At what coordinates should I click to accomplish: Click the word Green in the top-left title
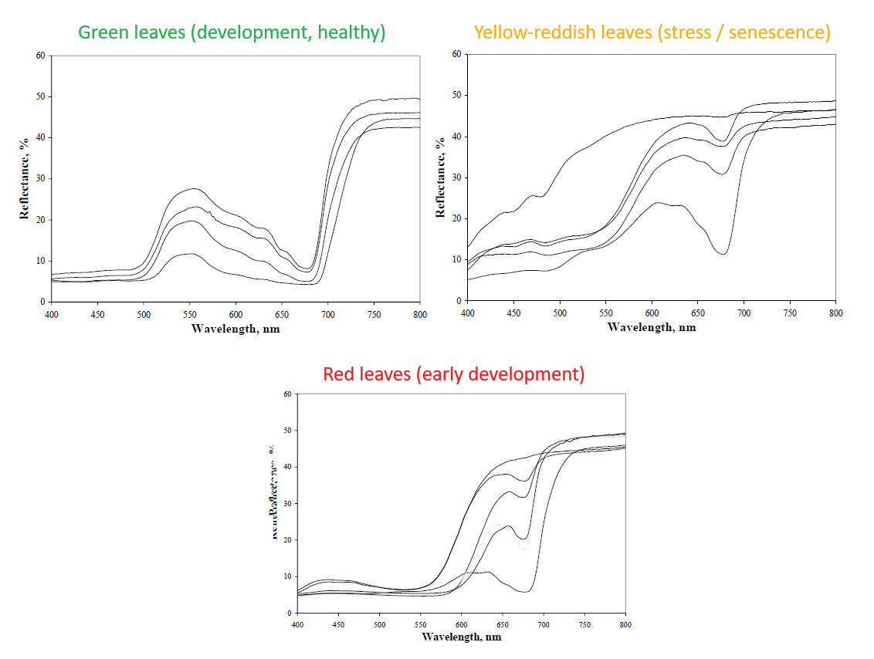103,32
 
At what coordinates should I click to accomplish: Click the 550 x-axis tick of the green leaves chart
190,316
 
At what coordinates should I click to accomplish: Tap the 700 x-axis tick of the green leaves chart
327,316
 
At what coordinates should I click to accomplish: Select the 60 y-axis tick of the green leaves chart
39,56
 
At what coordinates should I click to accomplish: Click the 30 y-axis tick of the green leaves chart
39,179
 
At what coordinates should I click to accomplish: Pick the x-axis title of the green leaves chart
235,329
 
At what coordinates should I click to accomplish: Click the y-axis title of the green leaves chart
24,178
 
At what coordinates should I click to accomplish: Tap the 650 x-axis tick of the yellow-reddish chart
697,314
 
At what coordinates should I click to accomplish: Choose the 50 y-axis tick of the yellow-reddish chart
456,96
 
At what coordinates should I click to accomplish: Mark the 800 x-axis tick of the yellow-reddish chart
835,314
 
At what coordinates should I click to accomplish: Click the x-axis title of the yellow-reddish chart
652,327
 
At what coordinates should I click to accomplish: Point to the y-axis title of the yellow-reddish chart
440,177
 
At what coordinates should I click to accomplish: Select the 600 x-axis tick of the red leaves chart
461,624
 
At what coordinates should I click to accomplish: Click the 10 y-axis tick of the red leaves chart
287,576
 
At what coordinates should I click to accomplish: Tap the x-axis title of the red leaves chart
462,637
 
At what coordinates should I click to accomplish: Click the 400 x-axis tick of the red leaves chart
297,624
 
